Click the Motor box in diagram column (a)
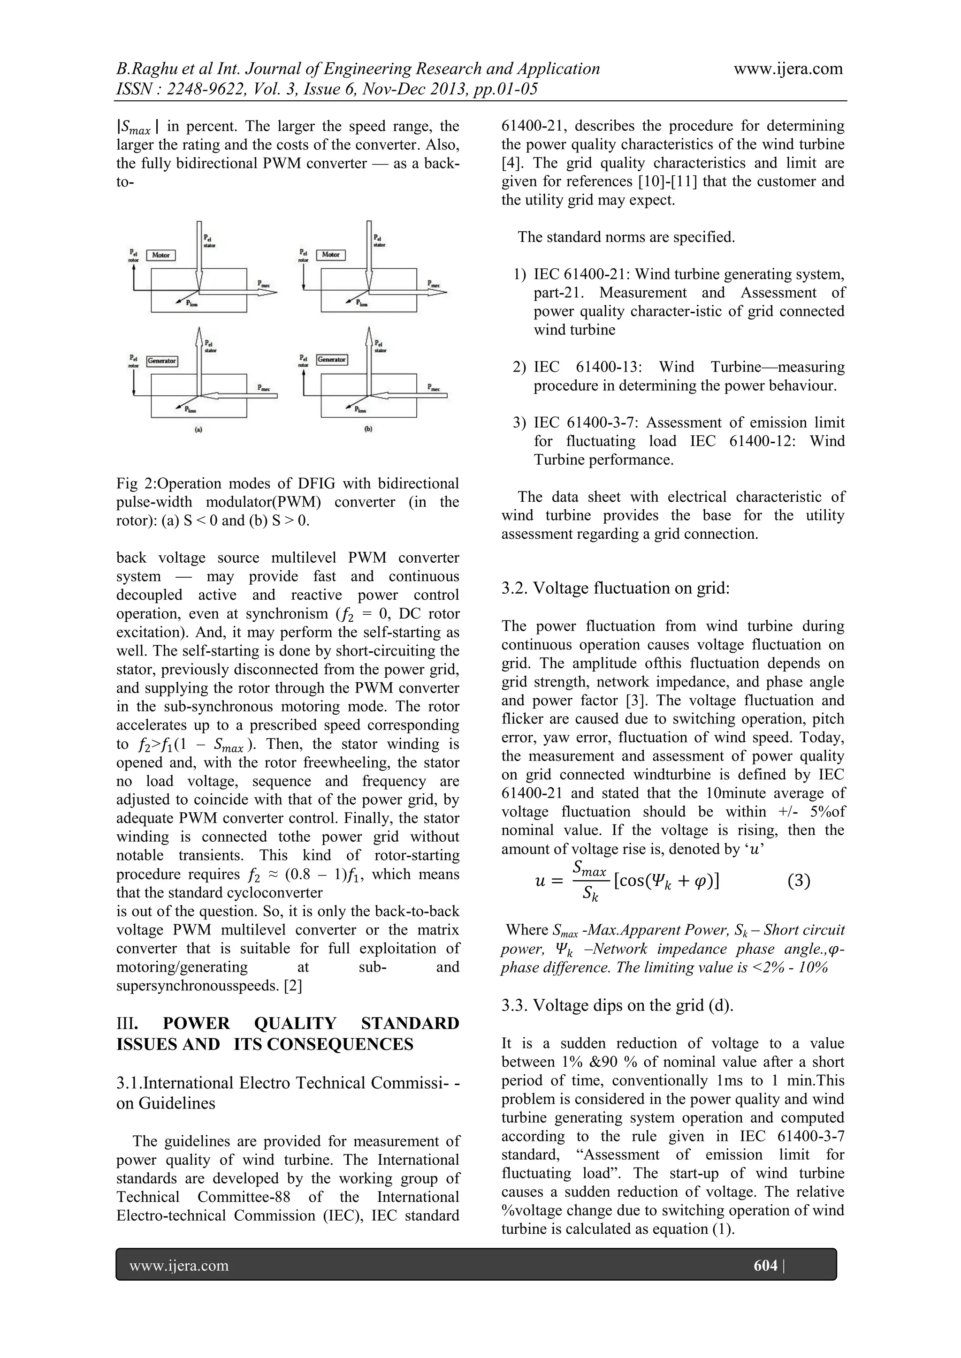pyautogui.click(x=160, y=255)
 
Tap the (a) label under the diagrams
pyautogui.click(x=199, y=430)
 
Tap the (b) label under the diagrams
pyautogui.click(x=368, y=430)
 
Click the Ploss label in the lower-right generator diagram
pyautogui.click(x=360, y=409)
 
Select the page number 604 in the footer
pyautogui.click(x=765, y=1265)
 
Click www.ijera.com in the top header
pyautogui.click(x=788, y=68)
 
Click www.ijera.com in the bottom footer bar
pyautogui.click(x=179, y=1266)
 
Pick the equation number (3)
pyautogui.click(x=799, y=881)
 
